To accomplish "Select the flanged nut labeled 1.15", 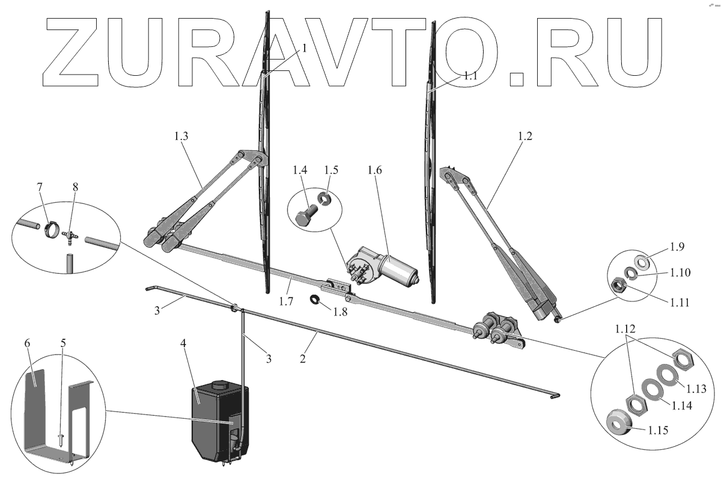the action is [x=618, y=425].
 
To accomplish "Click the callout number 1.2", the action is [x=525, y=136].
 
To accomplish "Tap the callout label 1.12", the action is [x=625, y=330].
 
